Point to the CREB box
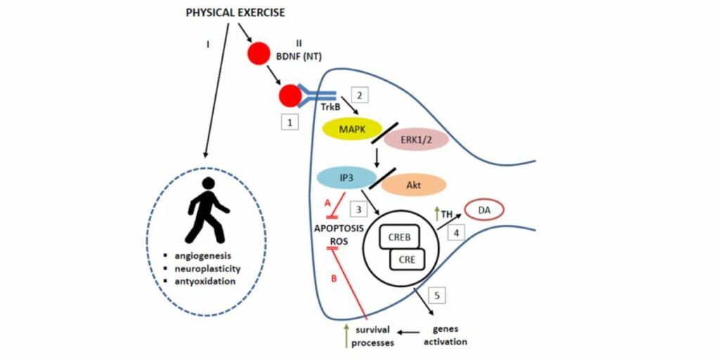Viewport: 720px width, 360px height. click(x=403, y=238)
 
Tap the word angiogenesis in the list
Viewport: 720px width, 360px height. click(x=207, y=256)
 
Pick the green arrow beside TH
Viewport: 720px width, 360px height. click(x=436, y=210)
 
